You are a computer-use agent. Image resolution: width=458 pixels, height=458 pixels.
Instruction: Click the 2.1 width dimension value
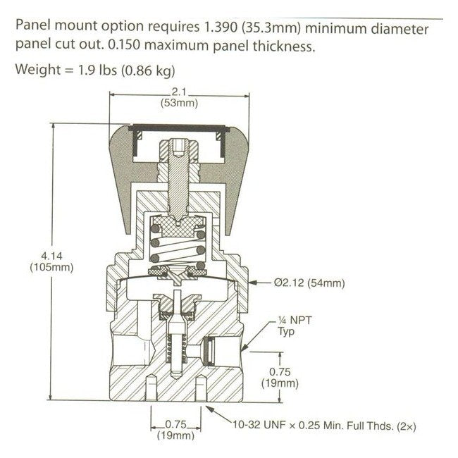click(x=177, y=92)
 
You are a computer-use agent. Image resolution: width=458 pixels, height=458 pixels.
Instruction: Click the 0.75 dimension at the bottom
click(x=173, y=424)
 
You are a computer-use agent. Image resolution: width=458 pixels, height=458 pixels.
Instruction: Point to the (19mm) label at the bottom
click(x=173, y=435)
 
